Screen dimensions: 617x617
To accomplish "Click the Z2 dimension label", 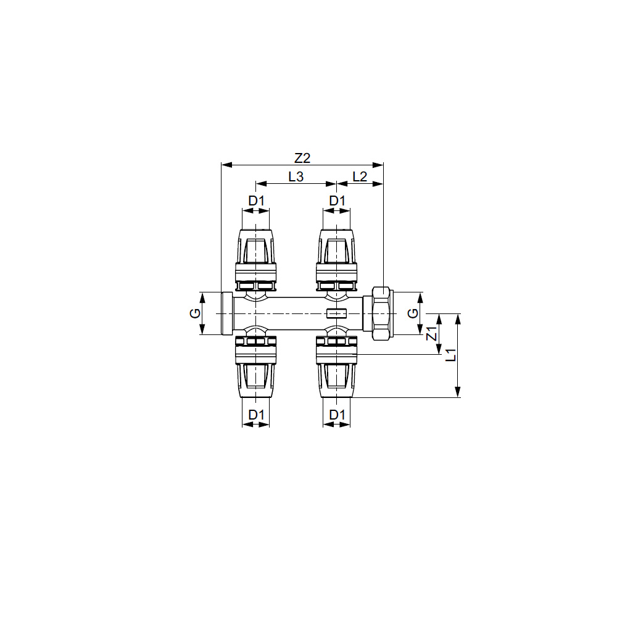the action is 302,158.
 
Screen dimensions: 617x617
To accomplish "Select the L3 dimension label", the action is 296,176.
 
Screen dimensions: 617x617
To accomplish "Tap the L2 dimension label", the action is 360,176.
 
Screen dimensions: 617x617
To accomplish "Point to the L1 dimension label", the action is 452,355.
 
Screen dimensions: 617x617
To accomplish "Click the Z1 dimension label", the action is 432,334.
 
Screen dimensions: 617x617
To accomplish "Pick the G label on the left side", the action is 195,313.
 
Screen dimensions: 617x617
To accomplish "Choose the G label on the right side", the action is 413,313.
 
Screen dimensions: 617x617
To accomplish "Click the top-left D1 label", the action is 256,201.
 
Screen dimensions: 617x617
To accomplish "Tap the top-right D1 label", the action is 337,201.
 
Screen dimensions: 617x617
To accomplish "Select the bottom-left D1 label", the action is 256,415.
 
